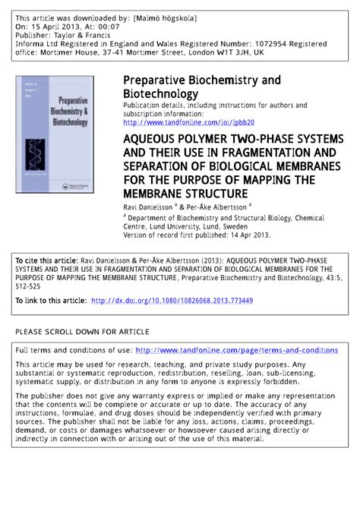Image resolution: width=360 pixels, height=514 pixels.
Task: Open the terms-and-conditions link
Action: coord(236,350)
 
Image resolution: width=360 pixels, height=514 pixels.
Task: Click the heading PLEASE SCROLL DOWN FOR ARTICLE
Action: coord(82,332)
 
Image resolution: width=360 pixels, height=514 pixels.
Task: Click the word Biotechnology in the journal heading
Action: coord(161,93)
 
